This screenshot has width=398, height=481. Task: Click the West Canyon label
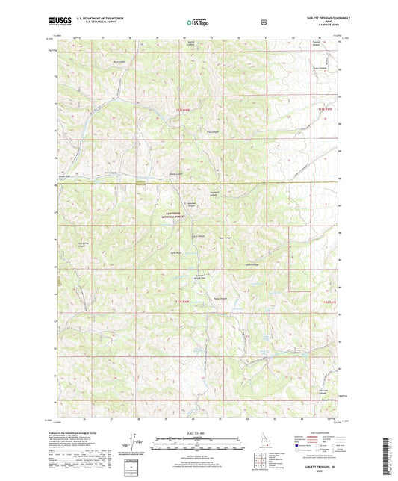(x=118, y=61)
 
